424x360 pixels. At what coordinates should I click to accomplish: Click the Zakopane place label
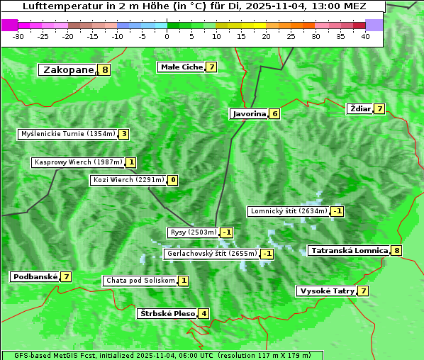click(x=68, y=69)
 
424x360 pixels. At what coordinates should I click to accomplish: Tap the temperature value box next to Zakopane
click(x=106, y=69)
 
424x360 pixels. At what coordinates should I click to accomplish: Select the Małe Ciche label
click(x=181, y=67)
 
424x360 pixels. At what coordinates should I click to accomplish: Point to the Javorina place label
click(x=249, y=113)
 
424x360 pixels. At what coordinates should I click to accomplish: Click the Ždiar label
click(x=360, y=108)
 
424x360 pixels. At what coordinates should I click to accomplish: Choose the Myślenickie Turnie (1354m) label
click(x=67, y=133)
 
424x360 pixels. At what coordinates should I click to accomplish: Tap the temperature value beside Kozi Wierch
click(x=173, y=180)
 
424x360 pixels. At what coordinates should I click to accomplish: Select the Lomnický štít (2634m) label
click(x=289, y=211)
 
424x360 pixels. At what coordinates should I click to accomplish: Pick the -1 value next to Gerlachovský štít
click(x=267, y=254)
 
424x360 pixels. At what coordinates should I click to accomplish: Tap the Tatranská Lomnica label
click(x=350, y=250)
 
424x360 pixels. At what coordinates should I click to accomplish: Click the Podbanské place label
click(x=34, y=276)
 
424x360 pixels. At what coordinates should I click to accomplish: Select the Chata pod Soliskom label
click(x=139, y=281)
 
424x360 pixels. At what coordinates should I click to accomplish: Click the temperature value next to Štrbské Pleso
click(x=203, y=313)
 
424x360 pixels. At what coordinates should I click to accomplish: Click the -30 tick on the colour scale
click(x=19, y=36)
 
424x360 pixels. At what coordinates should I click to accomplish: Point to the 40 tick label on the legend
click(x=365, y=36)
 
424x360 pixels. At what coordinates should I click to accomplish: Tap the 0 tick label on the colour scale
click(x=167, y=36)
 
